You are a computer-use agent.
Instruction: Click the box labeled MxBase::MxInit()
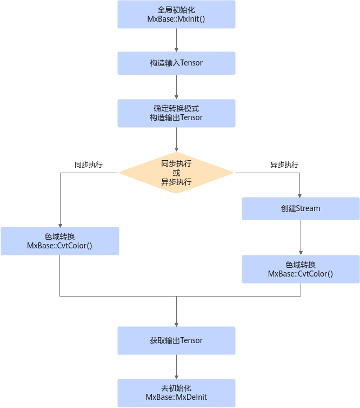(x=176, y=14)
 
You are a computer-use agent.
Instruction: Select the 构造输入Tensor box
(x=176, y=63)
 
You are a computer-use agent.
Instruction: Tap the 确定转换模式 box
(x=176, y=113)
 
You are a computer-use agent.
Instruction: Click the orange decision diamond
(x=176, y=173)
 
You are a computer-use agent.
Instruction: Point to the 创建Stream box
(x=301, y=208)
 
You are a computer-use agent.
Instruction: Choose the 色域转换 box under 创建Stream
(x=301, y=269)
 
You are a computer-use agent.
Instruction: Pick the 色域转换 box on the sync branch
(x=60, y=241)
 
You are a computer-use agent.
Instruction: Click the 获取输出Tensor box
(x=176, y=340)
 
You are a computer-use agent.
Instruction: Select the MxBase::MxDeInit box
(x=176, y=393)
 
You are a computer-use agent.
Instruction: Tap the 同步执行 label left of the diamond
(x=89, y=164)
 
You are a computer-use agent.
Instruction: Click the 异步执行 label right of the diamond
(x=284, y=164)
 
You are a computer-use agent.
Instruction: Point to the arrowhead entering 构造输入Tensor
(x=177, y=50)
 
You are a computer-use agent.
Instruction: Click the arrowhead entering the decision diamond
(x=177, y=149)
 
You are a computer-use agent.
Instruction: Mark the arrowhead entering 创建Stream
(x=299, y=196)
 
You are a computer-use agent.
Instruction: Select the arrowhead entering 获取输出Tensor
(x=177, y=325)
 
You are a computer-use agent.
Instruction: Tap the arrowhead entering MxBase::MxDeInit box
(x=177, y=377)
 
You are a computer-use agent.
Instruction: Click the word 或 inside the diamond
(x=176, y=173)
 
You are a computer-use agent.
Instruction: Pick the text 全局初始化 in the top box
(x=176, y=10)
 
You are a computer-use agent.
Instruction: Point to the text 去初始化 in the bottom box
(x=176, y=388)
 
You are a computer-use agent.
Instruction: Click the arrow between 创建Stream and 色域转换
(x=301, y=238)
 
